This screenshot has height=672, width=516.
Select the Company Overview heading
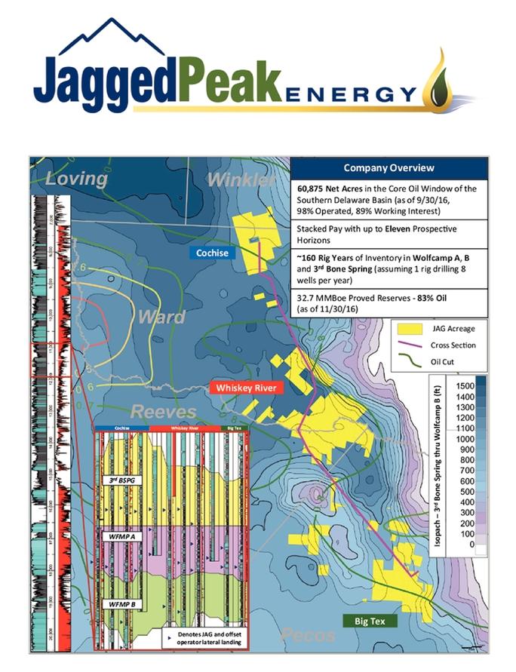click(x=389, y=167)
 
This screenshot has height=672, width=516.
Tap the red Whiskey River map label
click(x=245, y=388)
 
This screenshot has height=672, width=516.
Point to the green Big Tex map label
click(x=366, y=621)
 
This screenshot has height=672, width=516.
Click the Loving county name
click(x=75, y=179)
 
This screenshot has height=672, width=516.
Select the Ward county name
click(x=161, y=317)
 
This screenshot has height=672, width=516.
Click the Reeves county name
click(x=163, y=412)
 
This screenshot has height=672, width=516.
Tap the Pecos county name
click(x=306, y=634)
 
